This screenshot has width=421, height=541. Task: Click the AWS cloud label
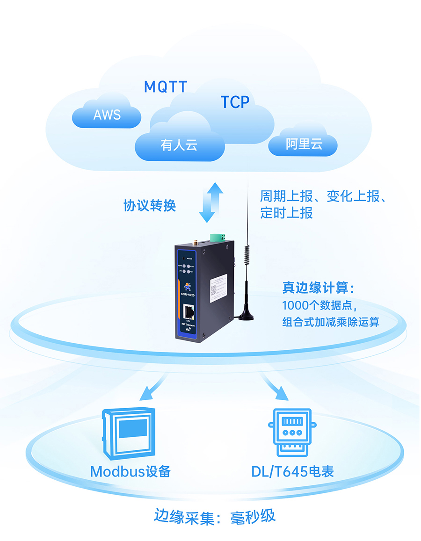point(107,115)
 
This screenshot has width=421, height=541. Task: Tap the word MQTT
point(165,87)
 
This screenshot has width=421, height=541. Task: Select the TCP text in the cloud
point(235,101)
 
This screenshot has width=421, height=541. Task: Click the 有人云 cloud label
point(179,145)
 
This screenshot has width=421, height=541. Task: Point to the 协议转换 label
point(150,206)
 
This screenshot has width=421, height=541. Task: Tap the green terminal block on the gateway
point(219,236)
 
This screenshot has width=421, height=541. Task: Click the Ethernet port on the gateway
point(189,310)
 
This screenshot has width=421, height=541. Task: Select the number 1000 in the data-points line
point(293,305)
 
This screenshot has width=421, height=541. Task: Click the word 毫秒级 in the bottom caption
point(253,516)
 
